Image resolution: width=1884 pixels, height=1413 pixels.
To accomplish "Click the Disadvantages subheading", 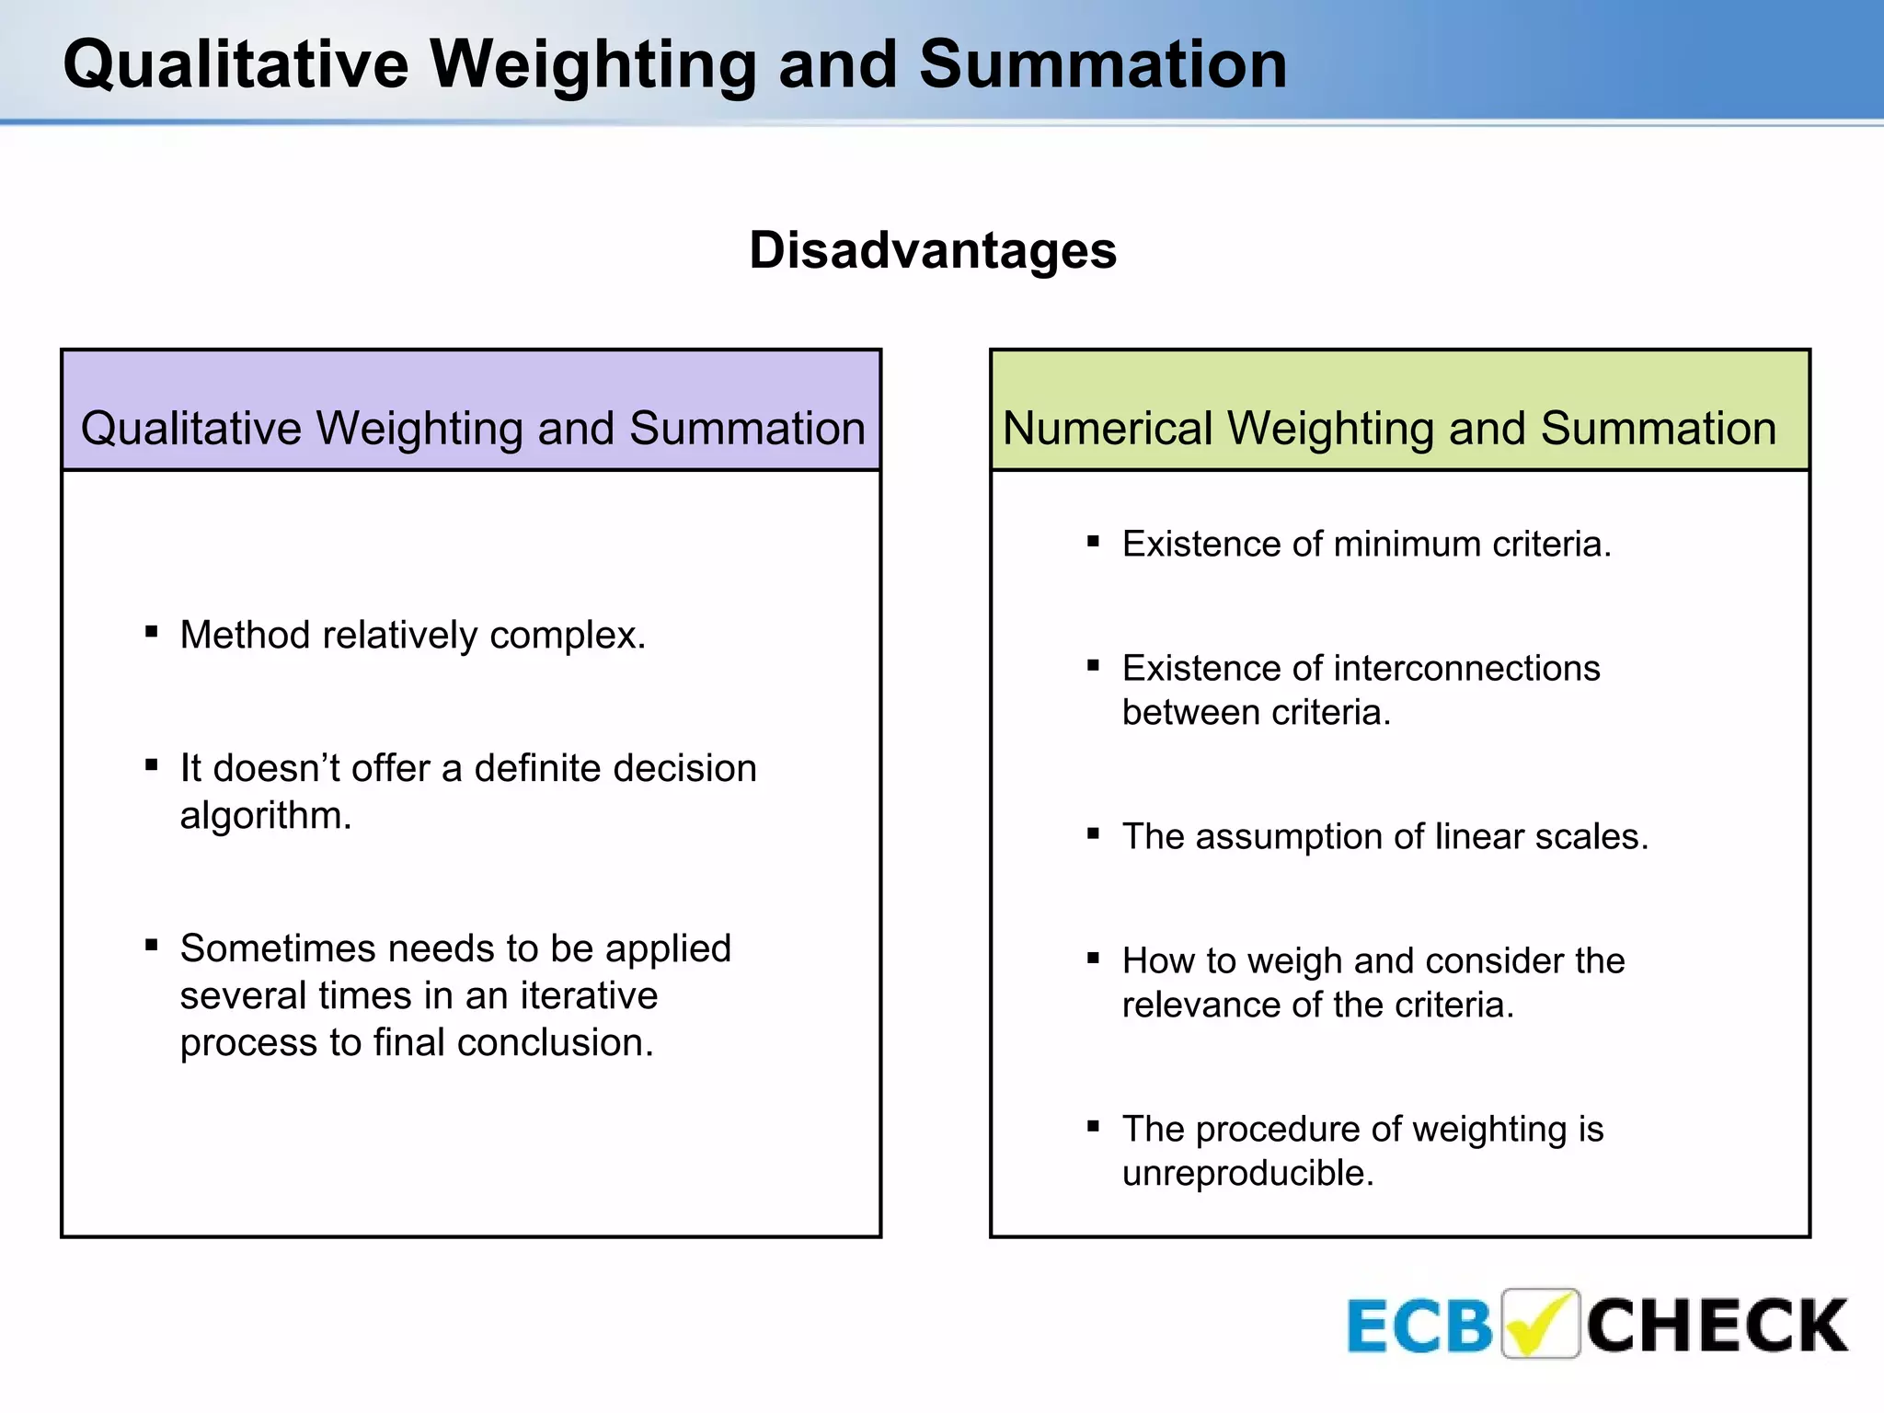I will click(933, 251).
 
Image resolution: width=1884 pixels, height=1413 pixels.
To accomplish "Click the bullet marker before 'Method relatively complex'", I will click(152, 631).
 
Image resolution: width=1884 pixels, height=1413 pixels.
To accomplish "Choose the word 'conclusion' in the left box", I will click(555, 1043).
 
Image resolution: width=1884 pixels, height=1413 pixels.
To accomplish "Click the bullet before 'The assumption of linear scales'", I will click(1093, 834).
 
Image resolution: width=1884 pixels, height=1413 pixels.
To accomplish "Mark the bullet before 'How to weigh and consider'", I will click(1093, 959).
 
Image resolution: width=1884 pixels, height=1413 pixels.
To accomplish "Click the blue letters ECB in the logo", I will click(1419, 1327).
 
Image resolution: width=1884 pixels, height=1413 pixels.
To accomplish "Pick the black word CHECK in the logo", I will click(1717, 1327).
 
